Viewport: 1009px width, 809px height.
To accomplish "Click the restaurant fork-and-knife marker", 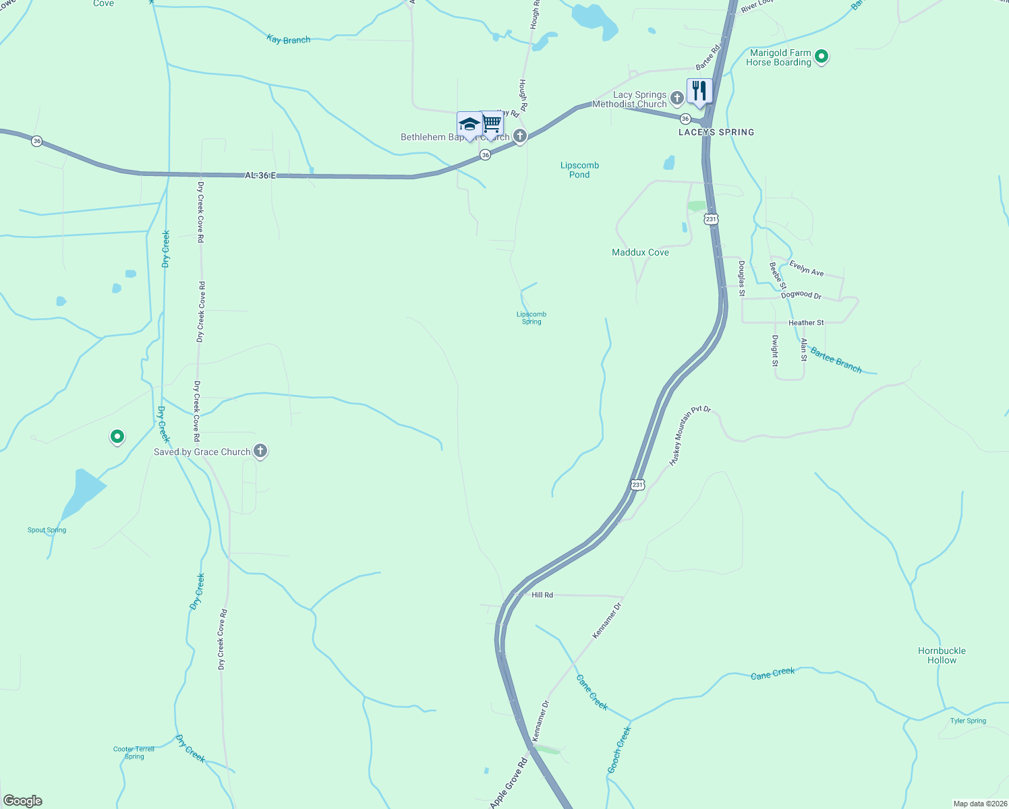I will click(x=699, y=91).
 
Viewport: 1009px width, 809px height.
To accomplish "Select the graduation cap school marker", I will click(x=469, y=125).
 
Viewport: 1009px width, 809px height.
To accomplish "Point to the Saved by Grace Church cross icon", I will click(x=260, y=451).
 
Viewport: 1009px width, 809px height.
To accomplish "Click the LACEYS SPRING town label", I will click(x=716, y=132).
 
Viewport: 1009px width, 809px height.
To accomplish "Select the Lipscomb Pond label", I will click(x=579, y=170).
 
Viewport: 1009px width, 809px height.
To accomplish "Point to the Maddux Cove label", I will click(x=640, y=252).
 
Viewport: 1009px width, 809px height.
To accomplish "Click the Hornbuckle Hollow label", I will click(x=942, y=655).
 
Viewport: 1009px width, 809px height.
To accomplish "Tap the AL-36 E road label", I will click(x=260, y=175).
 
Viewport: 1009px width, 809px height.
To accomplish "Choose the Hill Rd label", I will click(x=542, y=595).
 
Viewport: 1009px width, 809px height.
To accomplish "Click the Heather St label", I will click(x=806, y=323).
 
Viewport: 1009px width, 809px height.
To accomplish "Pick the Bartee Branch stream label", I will click(x=836, y=360).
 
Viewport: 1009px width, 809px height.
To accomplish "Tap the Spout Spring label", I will click(x=47, y=530).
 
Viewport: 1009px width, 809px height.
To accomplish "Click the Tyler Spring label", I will click(x=968, y=721).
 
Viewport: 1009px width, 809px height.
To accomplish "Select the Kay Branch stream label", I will click(x=289, y=40).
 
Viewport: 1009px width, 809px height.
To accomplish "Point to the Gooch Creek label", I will click(x=619, y=750).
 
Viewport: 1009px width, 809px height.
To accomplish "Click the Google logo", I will click(x=23, y=801).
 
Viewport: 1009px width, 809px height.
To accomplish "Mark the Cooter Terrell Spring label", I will click(x=134, y=752).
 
